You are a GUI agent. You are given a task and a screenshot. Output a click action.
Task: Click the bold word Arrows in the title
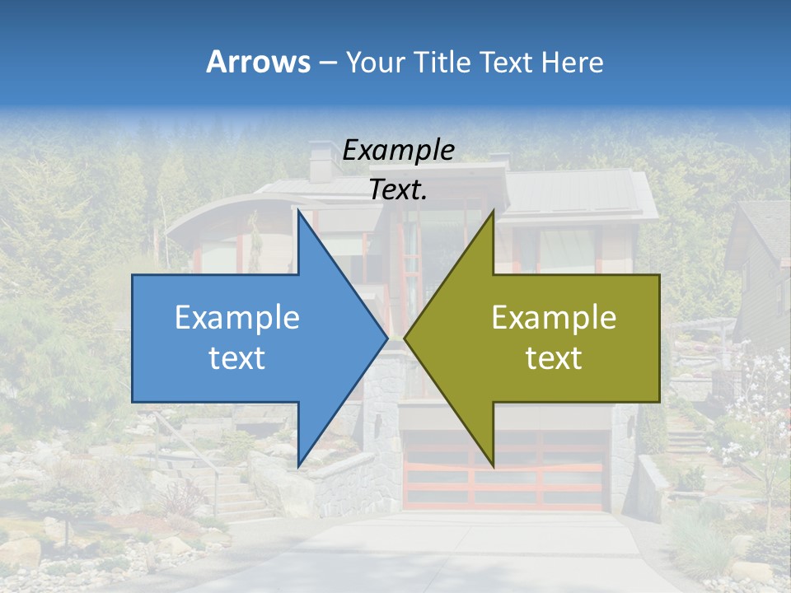[258, 62]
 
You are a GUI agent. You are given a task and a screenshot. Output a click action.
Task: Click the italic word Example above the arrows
[399, 150]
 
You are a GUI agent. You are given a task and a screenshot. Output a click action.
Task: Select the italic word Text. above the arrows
[399, 189]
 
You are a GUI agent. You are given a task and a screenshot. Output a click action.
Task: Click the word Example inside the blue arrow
[237, 317]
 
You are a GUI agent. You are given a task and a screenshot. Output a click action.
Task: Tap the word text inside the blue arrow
[237, 357]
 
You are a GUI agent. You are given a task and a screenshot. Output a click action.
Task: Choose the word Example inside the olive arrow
[554, 317]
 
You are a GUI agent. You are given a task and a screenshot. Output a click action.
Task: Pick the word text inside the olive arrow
[554, 357]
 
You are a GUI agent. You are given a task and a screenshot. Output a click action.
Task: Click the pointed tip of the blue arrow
[386, 338]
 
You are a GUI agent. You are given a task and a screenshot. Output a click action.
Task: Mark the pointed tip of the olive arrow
[405, 338]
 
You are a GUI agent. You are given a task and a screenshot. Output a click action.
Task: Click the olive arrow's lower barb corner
[493, 465]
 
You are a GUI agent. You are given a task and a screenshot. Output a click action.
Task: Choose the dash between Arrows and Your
[326, 63]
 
